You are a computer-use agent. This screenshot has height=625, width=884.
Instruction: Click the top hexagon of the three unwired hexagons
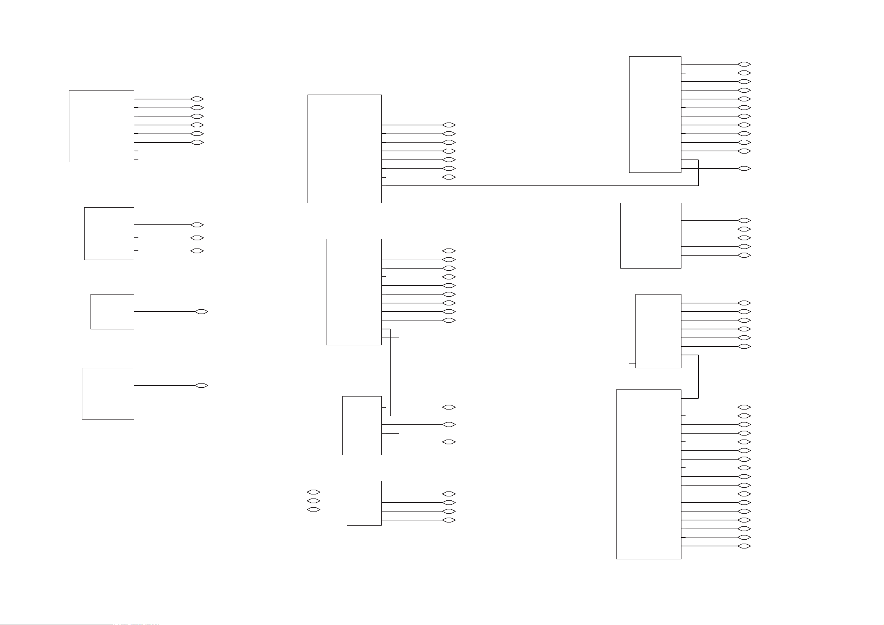(313, 492)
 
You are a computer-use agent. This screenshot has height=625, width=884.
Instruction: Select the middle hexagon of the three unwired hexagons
(313, 501)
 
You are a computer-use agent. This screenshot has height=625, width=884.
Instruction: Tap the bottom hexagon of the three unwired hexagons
(313, 510)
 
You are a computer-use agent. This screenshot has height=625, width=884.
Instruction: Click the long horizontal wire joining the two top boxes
(539, 185)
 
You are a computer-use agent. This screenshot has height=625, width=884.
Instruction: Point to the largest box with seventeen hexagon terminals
(648, 474)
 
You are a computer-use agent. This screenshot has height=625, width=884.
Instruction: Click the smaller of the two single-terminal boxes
(112, 312)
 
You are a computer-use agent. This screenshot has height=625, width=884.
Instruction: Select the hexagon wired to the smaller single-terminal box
(201, 312)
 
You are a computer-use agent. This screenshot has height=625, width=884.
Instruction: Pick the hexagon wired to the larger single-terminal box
(201, 385)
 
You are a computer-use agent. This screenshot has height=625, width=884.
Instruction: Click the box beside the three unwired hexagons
(364, 503)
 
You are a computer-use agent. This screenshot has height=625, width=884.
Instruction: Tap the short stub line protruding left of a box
(632, 363)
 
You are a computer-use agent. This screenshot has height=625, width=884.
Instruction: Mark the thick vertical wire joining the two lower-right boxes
(698, 376)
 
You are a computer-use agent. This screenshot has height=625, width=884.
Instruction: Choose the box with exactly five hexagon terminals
(650, 235)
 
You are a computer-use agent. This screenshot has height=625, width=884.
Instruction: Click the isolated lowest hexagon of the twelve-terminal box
(744, 168)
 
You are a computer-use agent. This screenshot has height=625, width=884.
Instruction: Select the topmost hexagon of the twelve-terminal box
(744, 64)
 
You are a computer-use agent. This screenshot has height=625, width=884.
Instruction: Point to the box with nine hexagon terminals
(354, 292)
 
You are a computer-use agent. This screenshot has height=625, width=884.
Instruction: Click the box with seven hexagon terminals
(344, 149)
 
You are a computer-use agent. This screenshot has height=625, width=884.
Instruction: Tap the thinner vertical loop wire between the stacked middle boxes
(399, 385)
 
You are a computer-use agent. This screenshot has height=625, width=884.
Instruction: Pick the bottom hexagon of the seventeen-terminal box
(744, 546)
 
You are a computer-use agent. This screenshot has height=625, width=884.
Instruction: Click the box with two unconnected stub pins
(101, 126)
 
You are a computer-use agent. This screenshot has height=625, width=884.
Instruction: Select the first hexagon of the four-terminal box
(449, 494)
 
